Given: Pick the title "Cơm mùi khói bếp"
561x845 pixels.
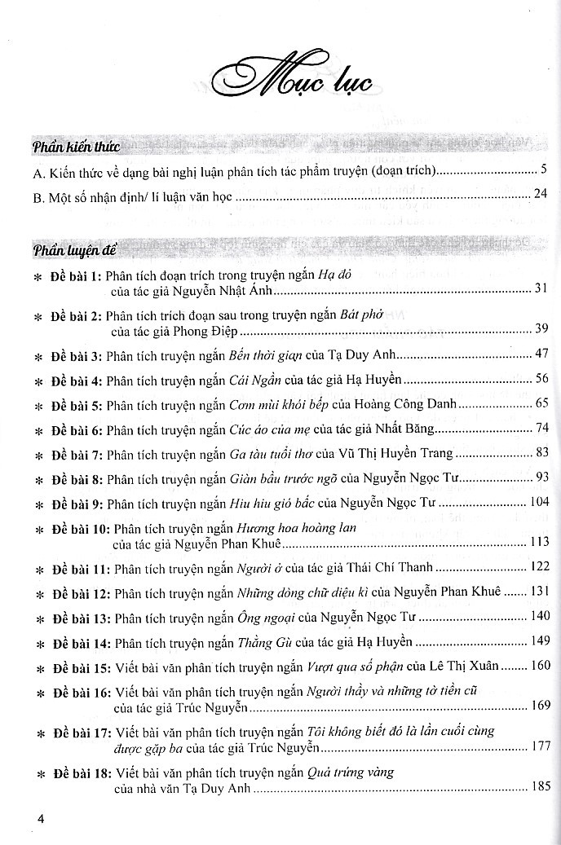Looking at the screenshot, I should coord(275,404).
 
